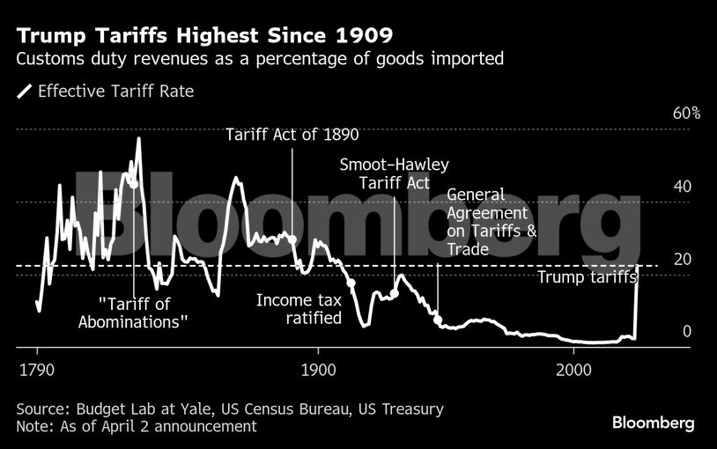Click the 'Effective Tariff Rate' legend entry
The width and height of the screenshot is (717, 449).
pos(106,91)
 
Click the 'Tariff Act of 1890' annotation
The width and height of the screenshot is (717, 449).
pos(292,135)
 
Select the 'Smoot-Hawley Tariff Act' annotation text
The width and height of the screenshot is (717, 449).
pos(395,173)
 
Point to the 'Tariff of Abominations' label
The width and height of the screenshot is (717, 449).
pos(134,313)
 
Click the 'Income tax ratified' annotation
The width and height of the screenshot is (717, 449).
pos(299,309)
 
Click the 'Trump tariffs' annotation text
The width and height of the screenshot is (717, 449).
pos(584,277)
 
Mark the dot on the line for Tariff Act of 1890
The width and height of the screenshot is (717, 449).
pos(292,239)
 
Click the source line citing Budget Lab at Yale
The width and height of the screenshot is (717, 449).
pos(230,409)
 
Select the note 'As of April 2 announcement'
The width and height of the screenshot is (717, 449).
pos(137,426)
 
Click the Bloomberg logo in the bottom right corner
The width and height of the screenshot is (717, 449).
pos(653,423)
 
